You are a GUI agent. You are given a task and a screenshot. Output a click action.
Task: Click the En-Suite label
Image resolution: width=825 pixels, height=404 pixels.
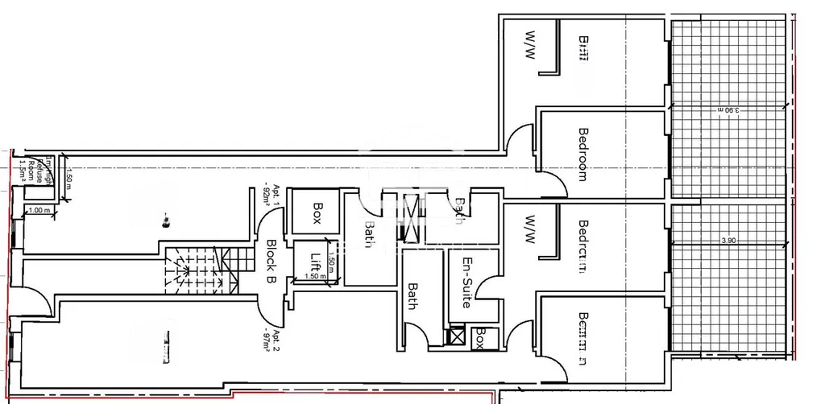coord(466,277)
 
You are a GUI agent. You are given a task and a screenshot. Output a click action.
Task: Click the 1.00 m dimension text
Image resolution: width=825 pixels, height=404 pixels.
coord(39,210)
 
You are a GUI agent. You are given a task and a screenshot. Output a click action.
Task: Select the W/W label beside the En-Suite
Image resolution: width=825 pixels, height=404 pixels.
coord(531,230)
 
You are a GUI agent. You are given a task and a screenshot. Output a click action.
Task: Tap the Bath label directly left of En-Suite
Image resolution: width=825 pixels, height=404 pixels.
coord(412,295)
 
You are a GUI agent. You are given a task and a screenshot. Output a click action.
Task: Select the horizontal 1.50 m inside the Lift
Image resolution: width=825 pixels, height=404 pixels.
coord(316,276)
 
